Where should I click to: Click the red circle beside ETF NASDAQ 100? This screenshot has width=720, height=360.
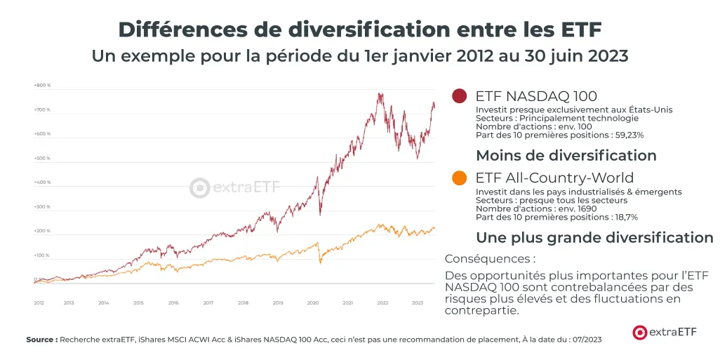460,96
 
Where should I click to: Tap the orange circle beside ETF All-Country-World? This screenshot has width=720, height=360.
460,178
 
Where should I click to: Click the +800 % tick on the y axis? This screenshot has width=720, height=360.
42,86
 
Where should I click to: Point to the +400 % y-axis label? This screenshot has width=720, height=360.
42,182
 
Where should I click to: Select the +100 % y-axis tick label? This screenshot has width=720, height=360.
42,255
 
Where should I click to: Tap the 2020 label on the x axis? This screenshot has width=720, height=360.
313,302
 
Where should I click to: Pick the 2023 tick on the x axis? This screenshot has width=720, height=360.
418,302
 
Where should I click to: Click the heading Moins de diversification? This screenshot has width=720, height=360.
566,155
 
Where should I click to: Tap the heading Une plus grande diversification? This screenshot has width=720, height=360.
594,237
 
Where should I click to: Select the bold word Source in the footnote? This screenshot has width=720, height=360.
41,340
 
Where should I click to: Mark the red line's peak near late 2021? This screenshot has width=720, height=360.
380,93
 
